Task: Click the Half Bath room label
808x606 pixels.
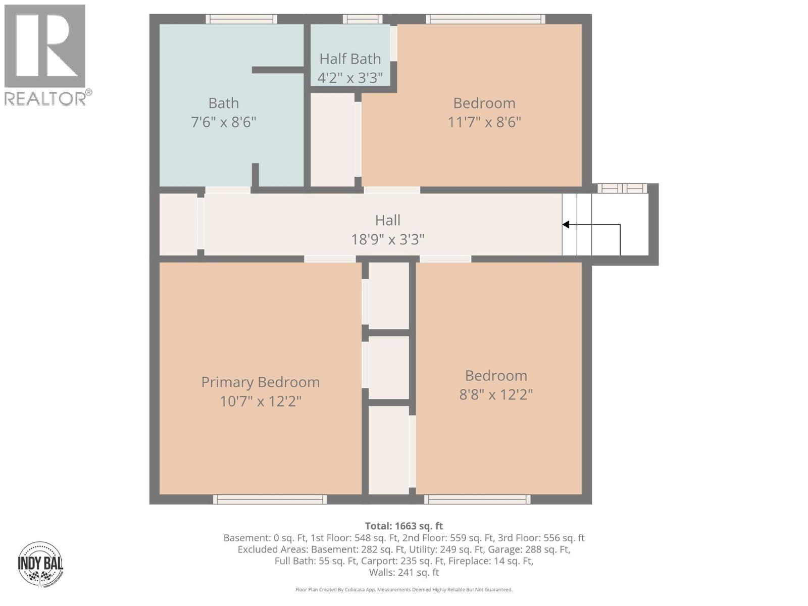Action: [350, 59]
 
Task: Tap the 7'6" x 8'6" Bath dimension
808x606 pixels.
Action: [224, 122]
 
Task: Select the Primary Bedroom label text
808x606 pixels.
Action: [261, 382]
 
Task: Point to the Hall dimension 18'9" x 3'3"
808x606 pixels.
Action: [388, 239]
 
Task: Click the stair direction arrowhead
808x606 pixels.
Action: [566, 225]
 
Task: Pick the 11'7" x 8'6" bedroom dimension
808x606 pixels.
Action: [484, 122]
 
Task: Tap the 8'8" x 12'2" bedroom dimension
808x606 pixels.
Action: [496, 394]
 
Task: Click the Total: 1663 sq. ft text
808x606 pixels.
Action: [404, 526]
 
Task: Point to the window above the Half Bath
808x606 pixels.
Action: [362, 19]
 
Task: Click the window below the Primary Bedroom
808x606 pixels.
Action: [270, 499]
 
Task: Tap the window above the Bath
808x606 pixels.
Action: [241, 19]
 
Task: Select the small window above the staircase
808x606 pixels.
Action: [622, 188]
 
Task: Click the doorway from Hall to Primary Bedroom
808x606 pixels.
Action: [330, 259]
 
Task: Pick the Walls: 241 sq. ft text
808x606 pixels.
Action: [404, 573]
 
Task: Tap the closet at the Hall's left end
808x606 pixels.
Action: [178, 224]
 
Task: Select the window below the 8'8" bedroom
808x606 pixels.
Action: [477, 499]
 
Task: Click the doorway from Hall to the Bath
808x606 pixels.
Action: [228, 190]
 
